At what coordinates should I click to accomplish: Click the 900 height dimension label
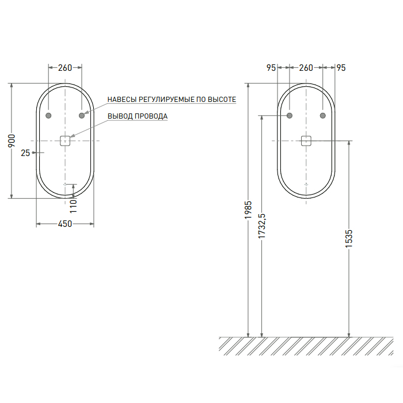pos(12,140)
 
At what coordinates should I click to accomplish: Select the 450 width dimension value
pos(65,224)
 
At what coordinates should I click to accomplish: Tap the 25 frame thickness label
pos(25,153)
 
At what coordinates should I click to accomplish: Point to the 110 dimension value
pos(74,206)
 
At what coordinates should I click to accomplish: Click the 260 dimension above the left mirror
pos(65,68)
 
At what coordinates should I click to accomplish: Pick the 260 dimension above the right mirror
pos(306,68)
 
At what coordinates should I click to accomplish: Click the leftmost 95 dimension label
pos(271,68)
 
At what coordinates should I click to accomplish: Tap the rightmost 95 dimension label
pos(341,68)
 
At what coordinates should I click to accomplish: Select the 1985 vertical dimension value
pos(248,210)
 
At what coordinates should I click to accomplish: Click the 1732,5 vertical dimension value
pos(261,226)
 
